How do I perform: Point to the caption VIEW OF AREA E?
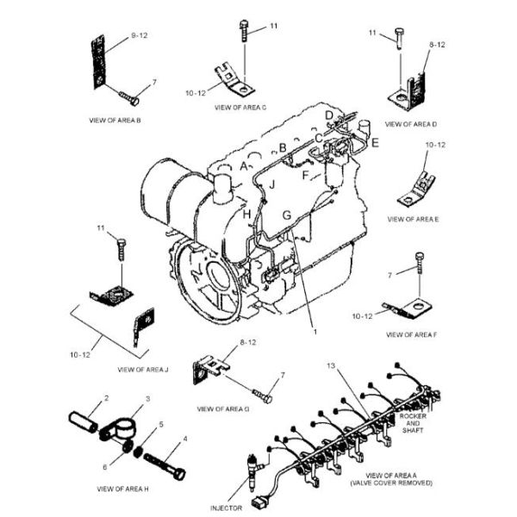413,220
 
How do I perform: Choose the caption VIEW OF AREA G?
222,408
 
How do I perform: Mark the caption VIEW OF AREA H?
122,489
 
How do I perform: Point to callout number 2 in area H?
107,398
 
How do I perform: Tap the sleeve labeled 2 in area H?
85,418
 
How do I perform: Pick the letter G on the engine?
288,212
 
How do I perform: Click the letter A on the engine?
246,165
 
